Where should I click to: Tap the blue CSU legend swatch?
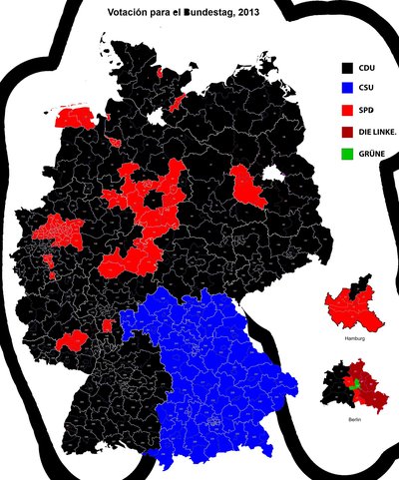pos(347,88)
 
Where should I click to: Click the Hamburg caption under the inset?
pos(353,340)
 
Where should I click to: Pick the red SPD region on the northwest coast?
pos(75,117)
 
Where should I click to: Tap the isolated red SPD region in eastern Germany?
pos(245,185)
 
